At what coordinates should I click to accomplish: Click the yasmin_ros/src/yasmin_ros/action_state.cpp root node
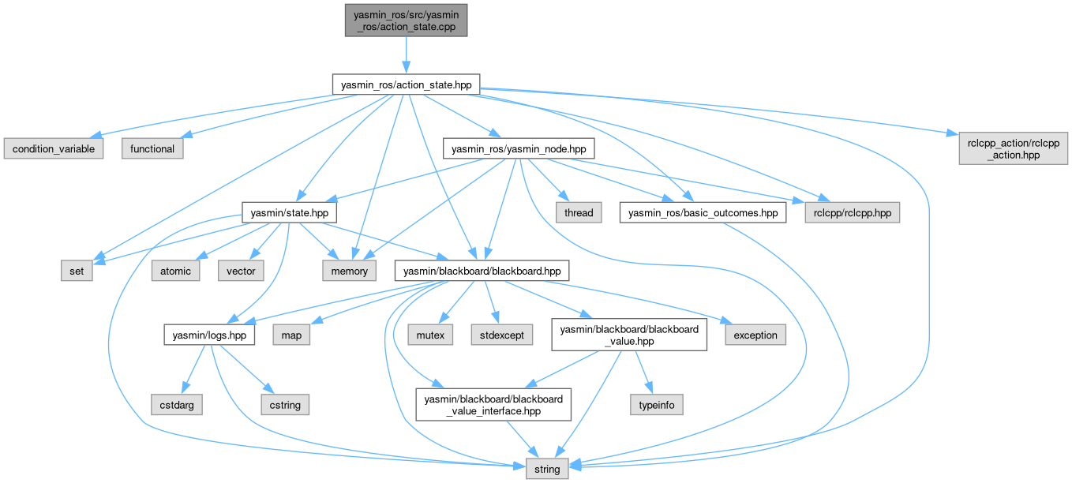pyautogui.click(x=405, y=19)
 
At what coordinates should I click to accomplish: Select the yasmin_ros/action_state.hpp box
pyautogui.click(x=406, y=84)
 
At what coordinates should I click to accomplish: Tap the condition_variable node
pyautogui.click(x=54, y=148)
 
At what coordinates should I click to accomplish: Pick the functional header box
pyautogui.click(x=152, y=148)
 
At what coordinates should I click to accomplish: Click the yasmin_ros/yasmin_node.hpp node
pyautogui.click(x=518, y=148)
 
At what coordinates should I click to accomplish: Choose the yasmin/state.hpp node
pyautogui.click(x=289, y=212)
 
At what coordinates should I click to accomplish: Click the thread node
pyautogui.click(x=579, y=212)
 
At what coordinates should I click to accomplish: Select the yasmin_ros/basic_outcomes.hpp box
pyautogui.click(x=703, y=212)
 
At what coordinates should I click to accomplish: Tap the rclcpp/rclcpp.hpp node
pyautogui.click(x=852, y=212)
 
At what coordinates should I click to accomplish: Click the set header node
pyautogui.click(x=77, y=271)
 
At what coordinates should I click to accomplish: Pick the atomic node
pyautogui.click(x=175, y=271)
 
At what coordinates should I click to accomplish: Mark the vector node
pyautogui.click(x=241, y=271)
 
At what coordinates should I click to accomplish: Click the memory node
pyautogui.click(x=349, y=271)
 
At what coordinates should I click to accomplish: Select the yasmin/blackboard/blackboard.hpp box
pyautogui.click(x=481, y=271)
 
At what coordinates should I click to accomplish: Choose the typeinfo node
pyautogui.click(x=656, y=405)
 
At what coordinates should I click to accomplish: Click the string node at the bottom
pyautogui.click(x=546, y=469)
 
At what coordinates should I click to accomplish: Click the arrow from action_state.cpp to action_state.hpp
pyautogui.click(x=405, y=54)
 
